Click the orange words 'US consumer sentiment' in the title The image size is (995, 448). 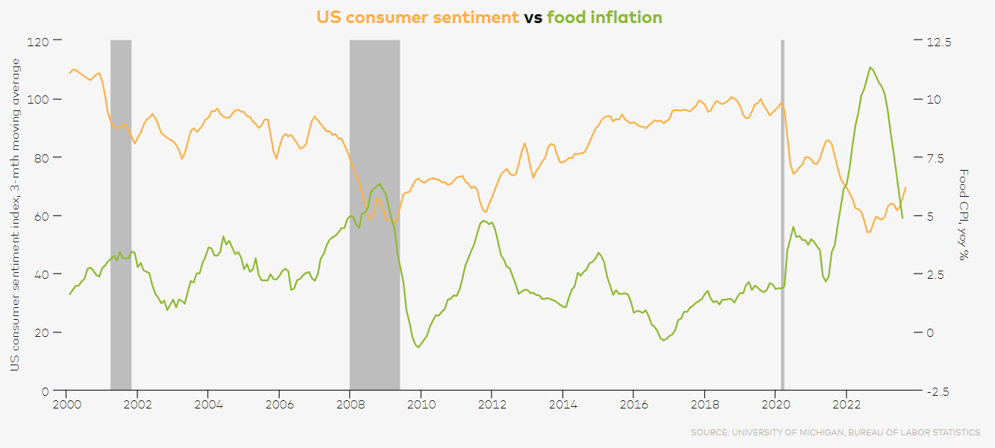pyautogui.click(x=418, y=17)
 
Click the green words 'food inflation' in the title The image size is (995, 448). pyautogui.click(x=604, y=17)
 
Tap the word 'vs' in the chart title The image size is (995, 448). pyautogui.click(x=533, y=17)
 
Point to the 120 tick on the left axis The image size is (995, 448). pyautogui.click(x=39, y=41)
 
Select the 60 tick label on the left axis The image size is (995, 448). pyautogui.click(x=42, y=216)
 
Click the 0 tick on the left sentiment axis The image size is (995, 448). pyautogui.click(x=45, y=391)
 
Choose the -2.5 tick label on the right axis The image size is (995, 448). pyautogui.click(x=938, y=391)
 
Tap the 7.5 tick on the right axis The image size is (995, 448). pyautogui.click(x=940, y=158)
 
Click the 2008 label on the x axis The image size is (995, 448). pyautogui.click(x=350, y=406)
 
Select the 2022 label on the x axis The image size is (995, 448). pyautogui.click(x=846, y=406)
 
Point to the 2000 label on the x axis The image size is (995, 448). pyautogui.click(x=66, y=406)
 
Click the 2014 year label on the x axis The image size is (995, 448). pyautogui.click(x=562, y=406)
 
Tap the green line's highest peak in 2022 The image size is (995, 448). pyautogui.click(x=870, y=67)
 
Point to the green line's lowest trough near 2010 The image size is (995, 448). pyautogui.click(x=418, y=347)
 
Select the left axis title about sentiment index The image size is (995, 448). pyautogui.click(x=14, y=215)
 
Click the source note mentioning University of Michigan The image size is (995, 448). pyautogui.click(x=835, y=432)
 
